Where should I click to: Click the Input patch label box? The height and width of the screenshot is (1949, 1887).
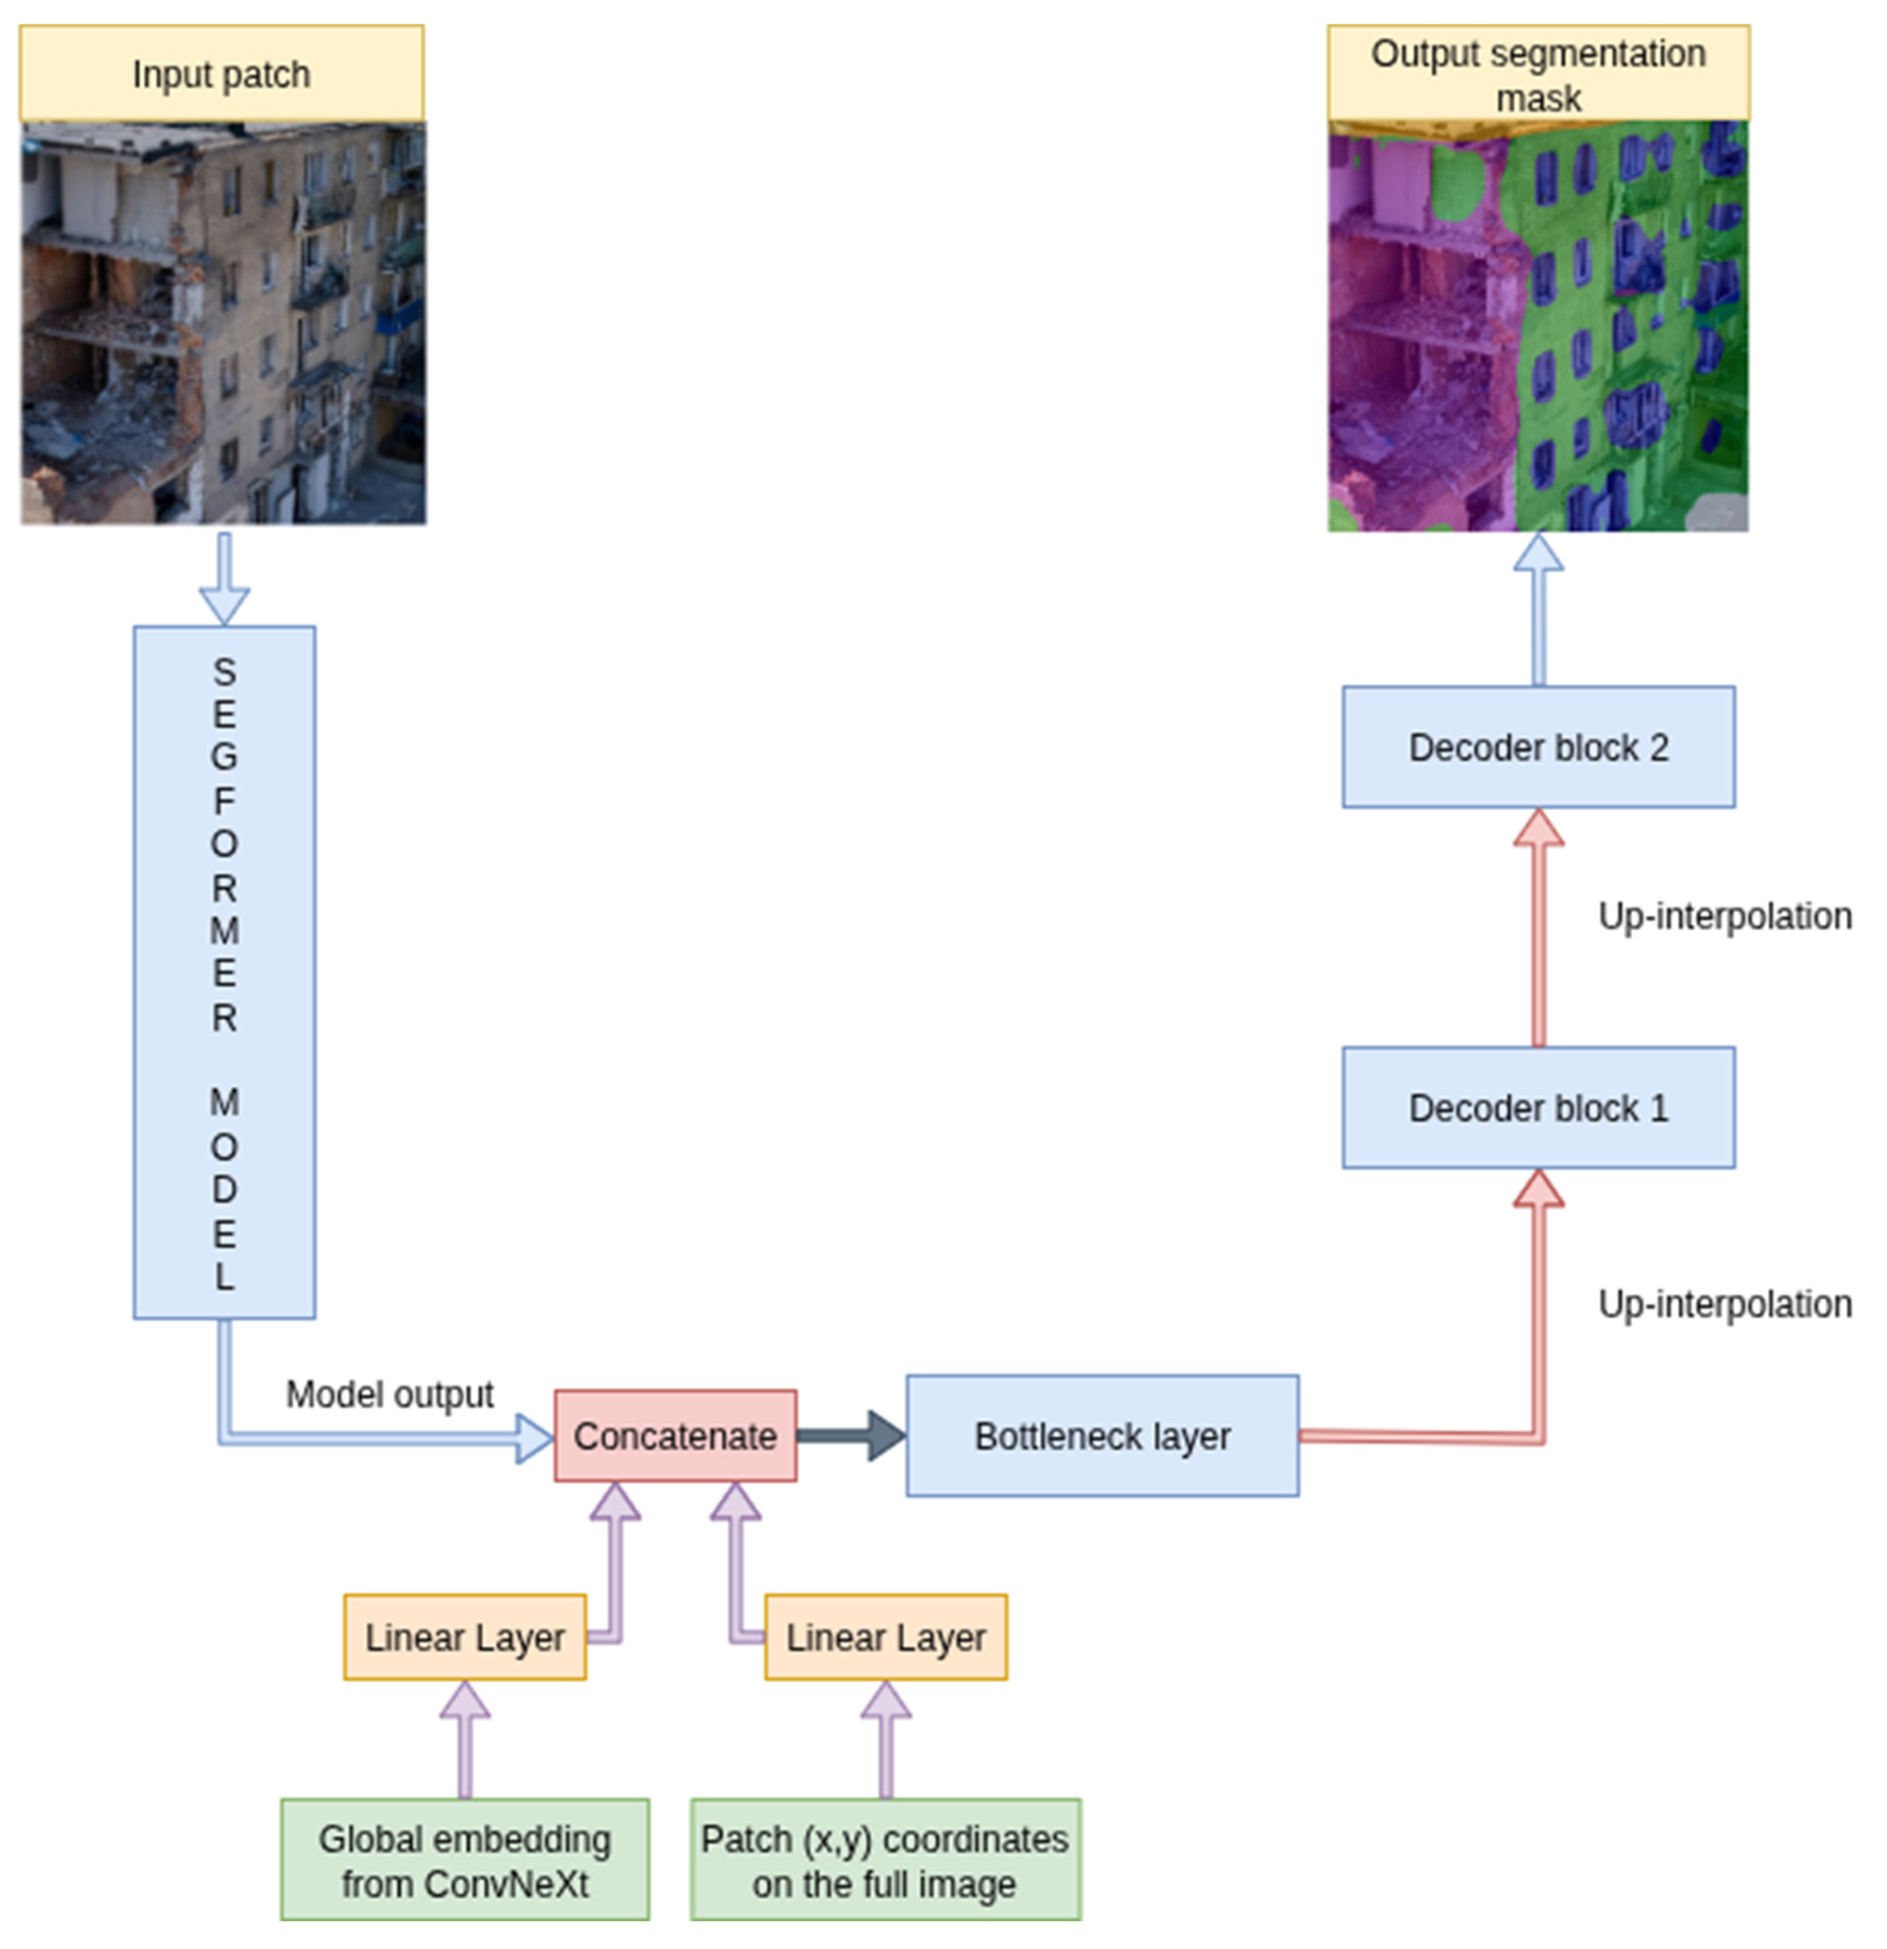coord(221,74)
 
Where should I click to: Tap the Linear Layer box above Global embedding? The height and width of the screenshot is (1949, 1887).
coord(464,1637)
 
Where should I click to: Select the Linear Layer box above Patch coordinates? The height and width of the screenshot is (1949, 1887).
coord(885,1637)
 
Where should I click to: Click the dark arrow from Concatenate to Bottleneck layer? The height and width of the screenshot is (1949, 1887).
coord(851,1435)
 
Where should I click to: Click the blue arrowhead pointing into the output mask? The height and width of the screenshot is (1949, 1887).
coord(1538,555)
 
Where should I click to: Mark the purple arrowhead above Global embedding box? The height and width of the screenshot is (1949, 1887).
coord(464,1700)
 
